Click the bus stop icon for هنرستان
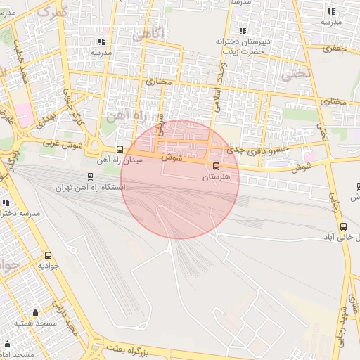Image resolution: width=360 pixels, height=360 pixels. tap(216, 166)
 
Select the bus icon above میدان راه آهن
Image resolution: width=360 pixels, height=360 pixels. tap(120, 149)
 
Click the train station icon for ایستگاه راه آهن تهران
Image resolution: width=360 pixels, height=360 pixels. tap(89, 176)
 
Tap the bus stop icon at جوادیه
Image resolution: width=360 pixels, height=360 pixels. tap(48, 255)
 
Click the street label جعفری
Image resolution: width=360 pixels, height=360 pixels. tap(336, 49)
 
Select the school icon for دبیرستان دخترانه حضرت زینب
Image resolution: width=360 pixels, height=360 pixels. tap(243, 31)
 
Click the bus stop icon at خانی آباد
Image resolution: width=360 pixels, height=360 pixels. tap(343, 227)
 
